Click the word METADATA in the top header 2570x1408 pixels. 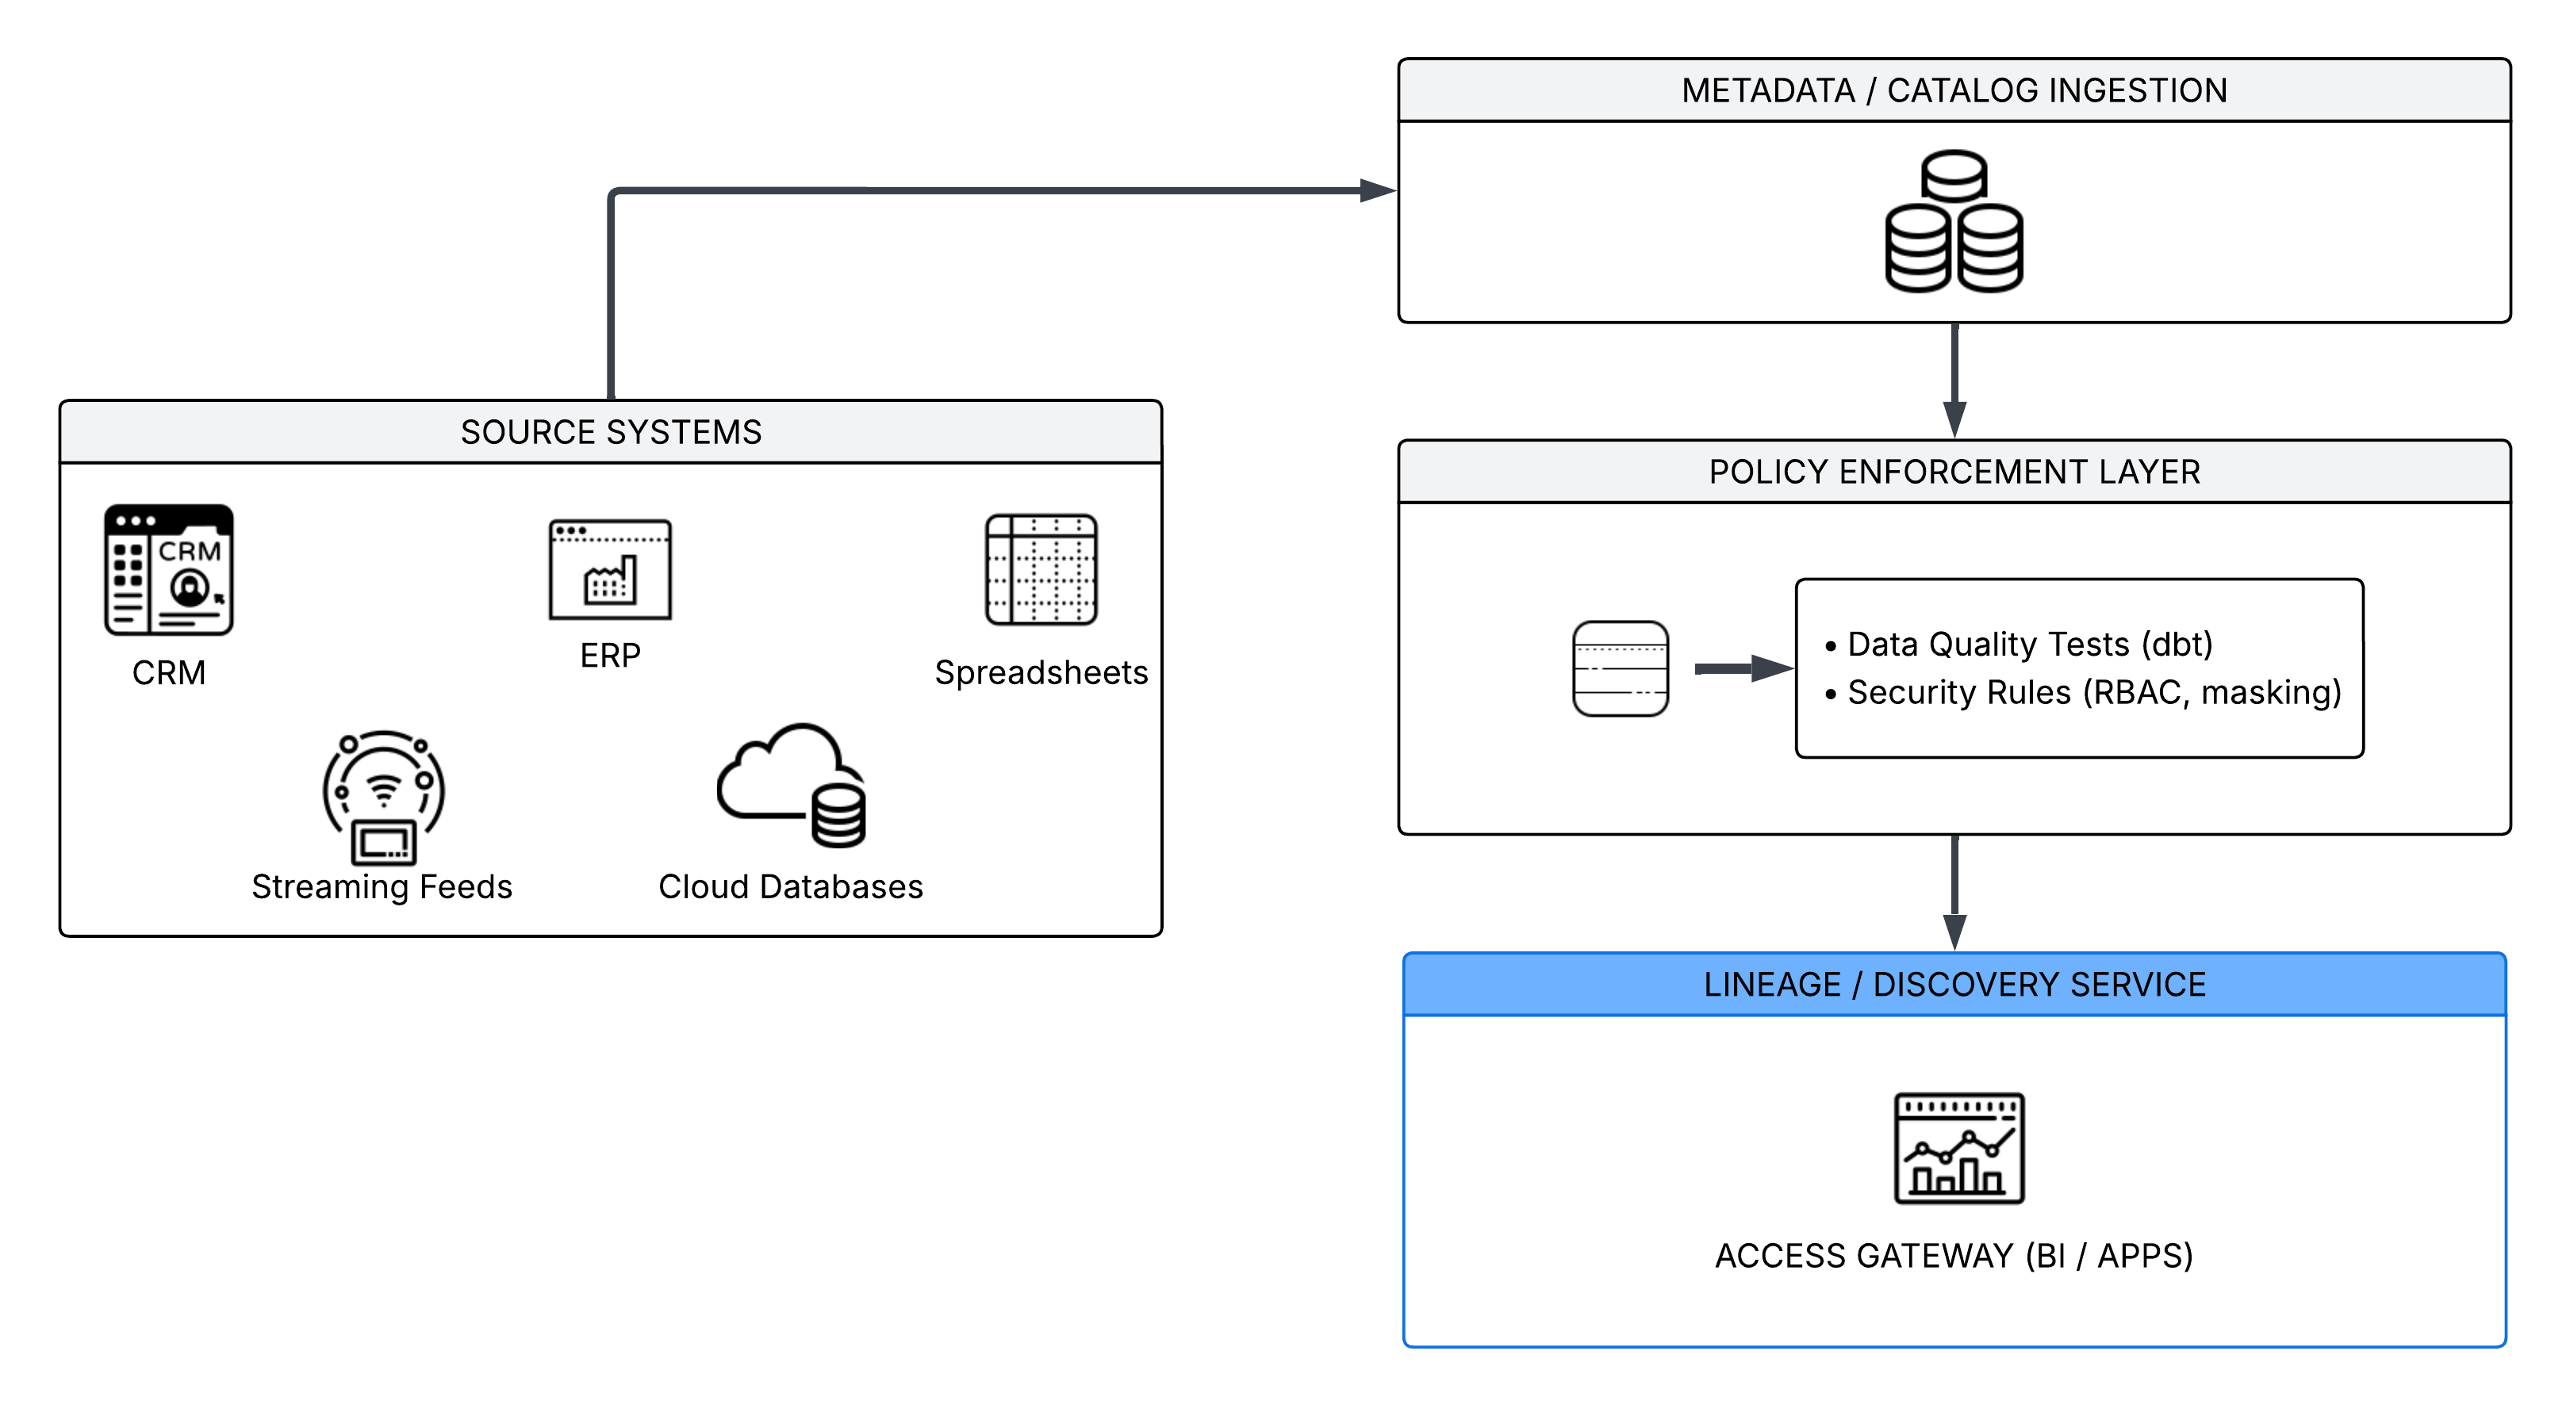tap(1768, 90)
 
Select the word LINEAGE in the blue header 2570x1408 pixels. tap(1772, 985)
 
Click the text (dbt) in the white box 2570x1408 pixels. tap(2177, 645)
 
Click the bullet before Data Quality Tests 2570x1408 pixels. tap(1831, 647)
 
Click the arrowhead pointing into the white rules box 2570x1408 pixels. tap(1774, 668)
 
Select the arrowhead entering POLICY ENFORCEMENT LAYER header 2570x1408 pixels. tap(1954, 419)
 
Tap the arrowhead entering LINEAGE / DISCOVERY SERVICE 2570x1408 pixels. tap(1954, 932)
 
